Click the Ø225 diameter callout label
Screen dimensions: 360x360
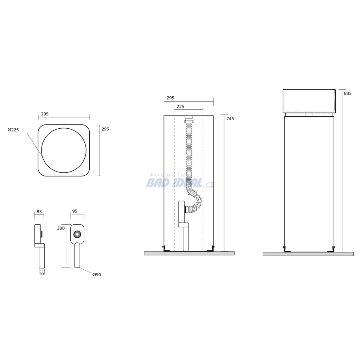pos(13,130)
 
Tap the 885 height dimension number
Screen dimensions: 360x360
pos(348,94)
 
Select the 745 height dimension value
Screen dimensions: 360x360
pos(230,119)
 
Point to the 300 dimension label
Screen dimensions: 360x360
pos(61,228)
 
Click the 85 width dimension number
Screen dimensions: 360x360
pos(39,211)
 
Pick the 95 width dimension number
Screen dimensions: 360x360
pos(75,211)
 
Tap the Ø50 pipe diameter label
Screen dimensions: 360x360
pos(97,275)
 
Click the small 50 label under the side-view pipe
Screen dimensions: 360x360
pos(41,274)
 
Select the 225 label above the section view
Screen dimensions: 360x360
pos(180,107)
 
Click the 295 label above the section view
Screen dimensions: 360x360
pos(171,98)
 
